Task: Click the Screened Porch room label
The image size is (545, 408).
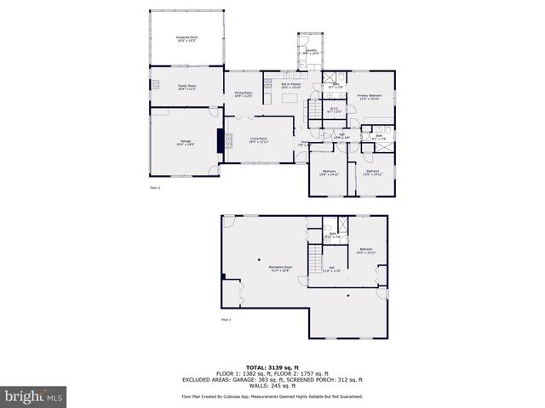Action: [186, 39]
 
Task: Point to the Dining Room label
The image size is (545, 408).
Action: [244, 94]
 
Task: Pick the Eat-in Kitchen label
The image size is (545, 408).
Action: [291, 85]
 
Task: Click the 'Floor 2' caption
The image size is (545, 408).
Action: [155, 186]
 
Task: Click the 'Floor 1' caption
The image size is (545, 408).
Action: [227, 320]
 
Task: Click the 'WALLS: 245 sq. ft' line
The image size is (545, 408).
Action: [272, 387]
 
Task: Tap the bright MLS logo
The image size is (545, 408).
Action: [33, 396]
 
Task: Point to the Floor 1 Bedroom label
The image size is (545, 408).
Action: [365, 252]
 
